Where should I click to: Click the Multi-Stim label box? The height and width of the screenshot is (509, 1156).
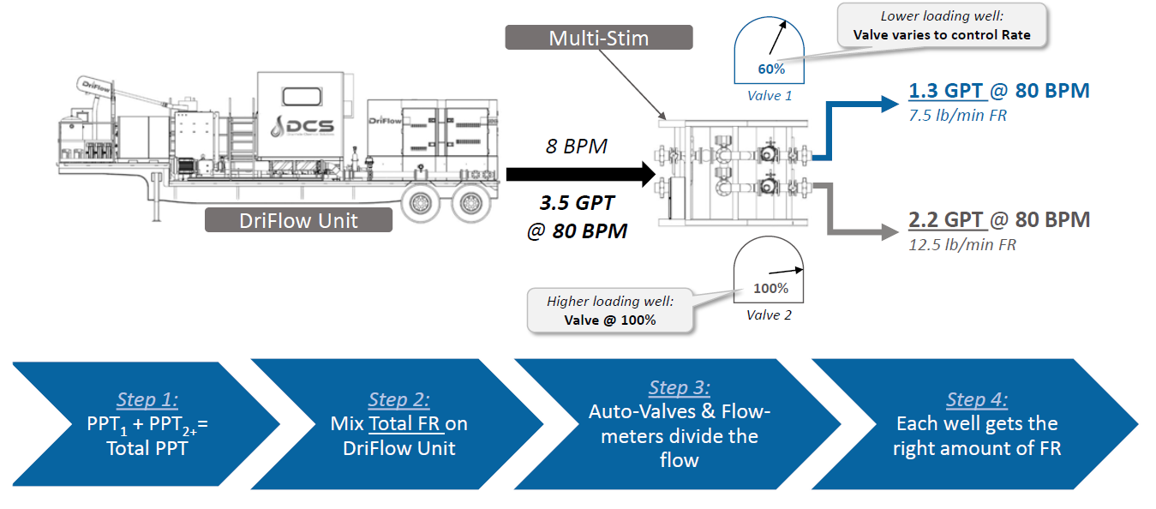(598, 38)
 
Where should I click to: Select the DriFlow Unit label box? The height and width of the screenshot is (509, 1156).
(298, 220)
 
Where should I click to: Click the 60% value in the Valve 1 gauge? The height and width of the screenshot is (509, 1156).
(771, 69)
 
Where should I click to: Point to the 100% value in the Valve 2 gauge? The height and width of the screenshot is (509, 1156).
(770, 288)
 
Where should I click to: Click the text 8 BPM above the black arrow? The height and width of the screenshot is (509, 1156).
(576, 147)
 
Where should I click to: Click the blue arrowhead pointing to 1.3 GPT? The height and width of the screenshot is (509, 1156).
(886, 105)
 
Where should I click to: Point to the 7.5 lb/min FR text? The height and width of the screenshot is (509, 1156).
(957, 115)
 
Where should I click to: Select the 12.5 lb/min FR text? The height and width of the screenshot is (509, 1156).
(961, 245)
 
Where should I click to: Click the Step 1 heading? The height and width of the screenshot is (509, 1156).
(147, 399)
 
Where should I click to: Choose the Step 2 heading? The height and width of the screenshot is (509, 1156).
(398, 399)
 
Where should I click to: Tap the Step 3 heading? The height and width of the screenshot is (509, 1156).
(679, 387)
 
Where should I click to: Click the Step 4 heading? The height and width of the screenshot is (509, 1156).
(977, 399)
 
